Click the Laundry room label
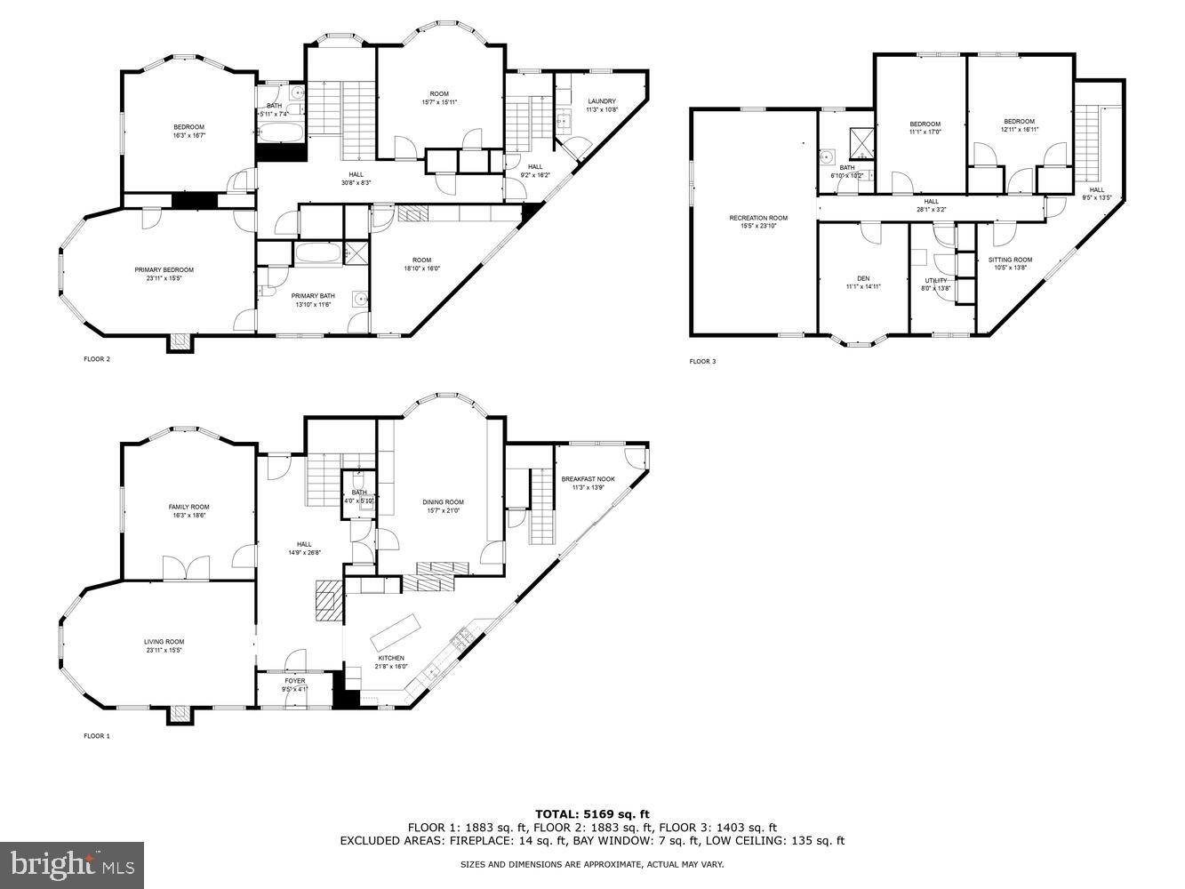tap(602, 101)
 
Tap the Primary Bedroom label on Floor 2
tap(164, 270)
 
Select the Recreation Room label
tap(758, 218)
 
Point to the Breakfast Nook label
tap(588, 479)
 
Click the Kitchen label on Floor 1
tap(391, 658)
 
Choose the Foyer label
tap(295, 681)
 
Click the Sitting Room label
tap(1011, 260)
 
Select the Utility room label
tap(935, 281)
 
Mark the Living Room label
tap(164, 642)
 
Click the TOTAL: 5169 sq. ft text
tap(592, 813)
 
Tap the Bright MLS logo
tap(72, 864)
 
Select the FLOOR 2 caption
tap(97, 359)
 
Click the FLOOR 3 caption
tap(702, 361)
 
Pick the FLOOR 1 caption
tap(97, 736)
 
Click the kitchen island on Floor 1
tap(394, 631)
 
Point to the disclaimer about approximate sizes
tap(592, 864)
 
